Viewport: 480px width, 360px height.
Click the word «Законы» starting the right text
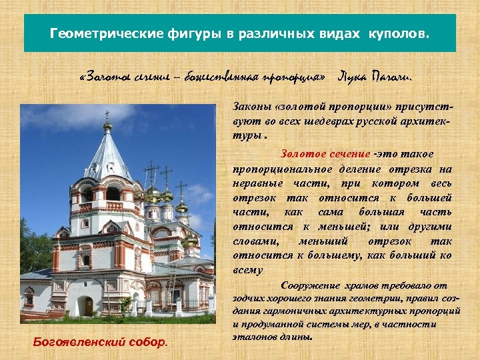tap(250, 107)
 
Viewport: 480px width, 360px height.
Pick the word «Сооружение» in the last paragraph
tap(313, 285)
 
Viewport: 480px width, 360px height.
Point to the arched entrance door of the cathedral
tap(88, 306)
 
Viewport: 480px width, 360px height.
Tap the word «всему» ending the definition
tap(248, 270)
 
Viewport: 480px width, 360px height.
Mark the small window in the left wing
tap(29, 295)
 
